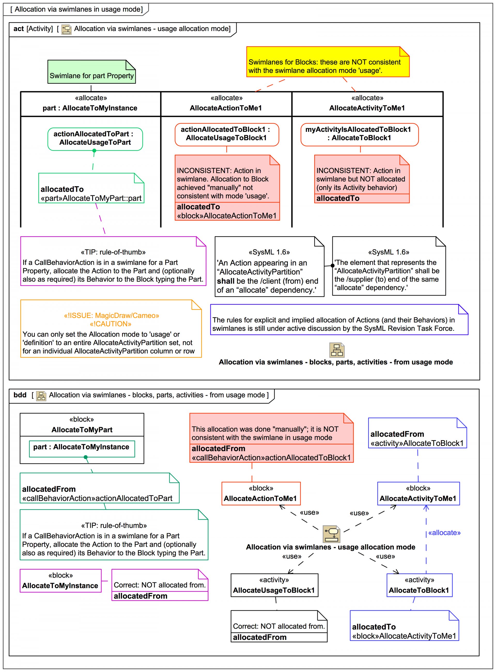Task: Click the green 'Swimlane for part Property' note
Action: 91,72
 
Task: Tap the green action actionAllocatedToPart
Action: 95,139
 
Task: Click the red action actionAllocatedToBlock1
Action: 227,134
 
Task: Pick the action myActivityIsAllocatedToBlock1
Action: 359,134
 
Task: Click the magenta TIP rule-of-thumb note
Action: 113,261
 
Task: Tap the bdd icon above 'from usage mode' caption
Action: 337,350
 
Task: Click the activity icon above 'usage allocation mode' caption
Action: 331,533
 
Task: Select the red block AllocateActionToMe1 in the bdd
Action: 261,494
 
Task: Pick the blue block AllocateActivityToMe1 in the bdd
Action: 418,494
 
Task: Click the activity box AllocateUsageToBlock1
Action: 274,585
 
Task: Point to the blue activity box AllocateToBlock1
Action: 419,585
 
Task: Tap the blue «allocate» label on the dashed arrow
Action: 444,533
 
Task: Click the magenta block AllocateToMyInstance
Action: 60,581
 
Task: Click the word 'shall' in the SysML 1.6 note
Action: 226,281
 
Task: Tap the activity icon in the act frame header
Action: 66,29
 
